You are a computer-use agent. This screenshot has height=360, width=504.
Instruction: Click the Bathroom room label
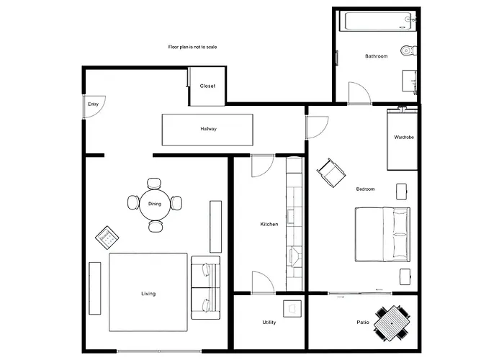[x=377, y=56]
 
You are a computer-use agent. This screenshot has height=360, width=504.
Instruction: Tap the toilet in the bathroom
[x=408, y=50]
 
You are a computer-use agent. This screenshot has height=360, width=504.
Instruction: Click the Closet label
[x=207, y=86]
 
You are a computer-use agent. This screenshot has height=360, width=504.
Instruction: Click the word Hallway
[x=209, y=130]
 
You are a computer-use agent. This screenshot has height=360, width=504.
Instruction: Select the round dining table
[x=155, y=204]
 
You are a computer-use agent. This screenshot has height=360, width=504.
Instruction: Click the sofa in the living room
[x=204, y=286]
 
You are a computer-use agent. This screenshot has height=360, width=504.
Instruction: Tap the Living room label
[x=148, y=294]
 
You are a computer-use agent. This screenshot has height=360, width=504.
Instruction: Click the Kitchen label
[x=269, y=225]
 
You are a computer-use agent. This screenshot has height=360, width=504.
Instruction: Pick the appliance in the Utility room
[x=292, y=308]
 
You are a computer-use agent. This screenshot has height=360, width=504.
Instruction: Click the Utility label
[x=269, y=323]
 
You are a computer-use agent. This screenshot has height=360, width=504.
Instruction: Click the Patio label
[x=363, y=323]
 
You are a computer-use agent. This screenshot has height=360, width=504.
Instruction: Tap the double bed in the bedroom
[x=383, y=235]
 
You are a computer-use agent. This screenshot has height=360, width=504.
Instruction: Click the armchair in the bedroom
[x=330, y=173]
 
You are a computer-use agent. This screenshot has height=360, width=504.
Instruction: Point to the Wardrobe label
[x=403, y=137]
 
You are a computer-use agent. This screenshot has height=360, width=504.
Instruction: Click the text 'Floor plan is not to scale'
[x=192, y=47]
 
